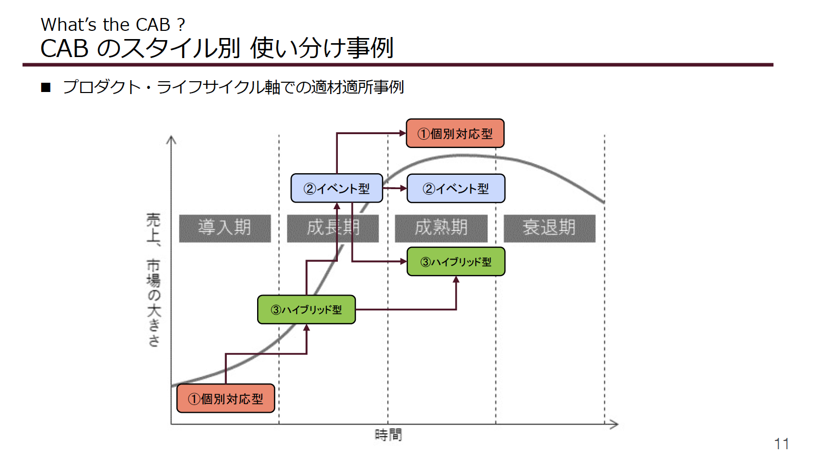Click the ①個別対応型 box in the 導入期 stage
click(226, 398)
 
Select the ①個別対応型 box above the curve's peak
click(455, 133)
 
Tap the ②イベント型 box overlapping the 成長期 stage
click(337, 188)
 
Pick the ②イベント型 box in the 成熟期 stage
click(456, 188)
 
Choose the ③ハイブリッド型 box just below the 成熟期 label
click(456, 262)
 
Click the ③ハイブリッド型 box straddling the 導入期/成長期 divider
click(306, 309)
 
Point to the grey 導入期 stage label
click(225, 229)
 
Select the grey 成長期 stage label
click(333, 229)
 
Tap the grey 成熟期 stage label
click(441, 229)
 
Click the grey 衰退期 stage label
click(550, 229)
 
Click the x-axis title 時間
click(388, 435)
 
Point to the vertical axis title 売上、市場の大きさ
click(153, 280)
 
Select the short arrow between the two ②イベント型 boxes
click(394, 188)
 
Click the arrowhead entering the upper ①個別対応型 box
click(403, 133)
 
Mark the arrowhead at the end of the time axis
click(614, 424)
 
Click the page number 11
click(781, 444)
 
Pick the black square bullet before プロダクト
click(46, 87)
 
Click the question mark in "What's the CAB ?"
click(181, 25)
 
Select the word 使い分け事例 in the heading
click(322, 48)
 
